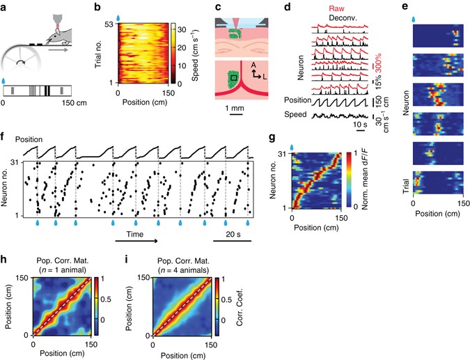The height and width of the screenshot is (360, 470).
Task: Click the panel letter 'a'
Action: (x=5, y=6)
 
